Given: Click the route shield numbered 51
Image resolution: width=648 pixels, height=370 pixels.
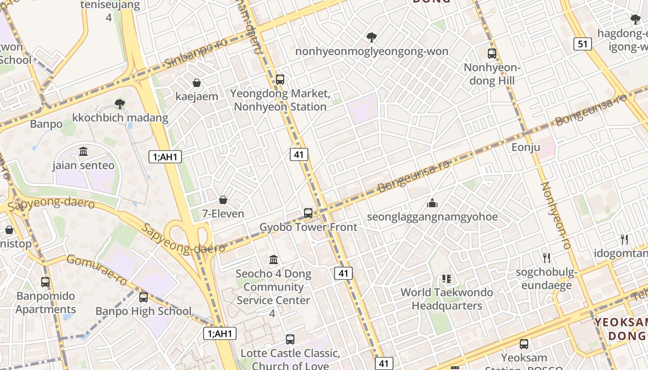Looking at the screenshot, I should pos(582,44).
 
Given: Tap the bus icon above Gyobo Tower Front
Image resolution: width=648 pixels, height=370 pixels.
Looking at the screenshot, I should pos(308,213).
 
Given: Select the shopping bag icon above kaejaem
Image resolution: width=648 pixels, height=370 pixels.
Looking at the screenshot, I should pos(197,83).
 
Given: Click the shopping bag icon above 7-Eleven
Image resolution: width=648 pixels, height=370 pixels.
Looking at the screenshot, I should pos(223,200).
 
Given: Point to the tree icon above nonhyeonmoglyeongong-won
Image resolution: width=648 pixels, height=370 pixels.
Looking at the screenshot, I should pos(371,37).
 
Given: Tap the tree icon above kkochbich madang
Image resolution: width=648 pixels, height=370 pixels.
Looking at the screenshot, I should pos(120,104).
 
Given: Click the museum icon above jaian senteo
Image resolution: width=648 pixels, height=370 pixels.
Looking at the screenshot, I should pos(83,151).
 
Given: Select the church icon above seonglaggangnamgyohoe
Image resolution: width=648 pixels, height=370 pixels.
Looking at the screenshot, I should pos(432,203).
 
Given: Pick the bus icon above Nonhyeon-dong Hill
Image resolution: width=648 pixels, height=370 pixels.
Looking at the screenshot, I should pos(492,54).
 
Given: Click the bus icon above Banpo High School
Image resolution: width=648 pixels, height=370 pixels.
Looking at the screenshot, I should pos(143,297).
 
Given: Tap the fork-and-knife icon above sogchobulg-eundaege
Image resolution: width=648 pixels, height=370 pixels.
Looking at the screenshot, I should pos(547,258).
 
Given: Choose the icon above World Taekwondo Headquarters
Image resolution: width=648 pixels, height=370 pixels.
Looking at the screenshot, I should pos(447,278).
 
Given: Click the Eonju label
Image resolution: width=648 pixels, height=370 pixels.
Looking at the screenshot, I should pos(526,148).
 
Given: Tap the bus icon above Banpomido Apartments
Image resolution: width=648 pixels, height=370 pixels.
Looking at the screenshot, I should pos(45,282).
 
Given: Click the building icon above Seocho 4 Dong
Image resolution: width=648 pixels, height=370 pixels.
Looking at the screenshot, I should pos(274,259).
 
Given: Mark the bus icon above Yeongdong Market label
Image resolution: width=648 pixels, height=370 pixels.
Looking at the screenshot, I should pos(280,79).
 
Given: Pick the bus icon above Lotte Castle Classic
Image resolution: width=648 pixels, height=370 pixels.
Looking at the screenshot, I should pos(290,339).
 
